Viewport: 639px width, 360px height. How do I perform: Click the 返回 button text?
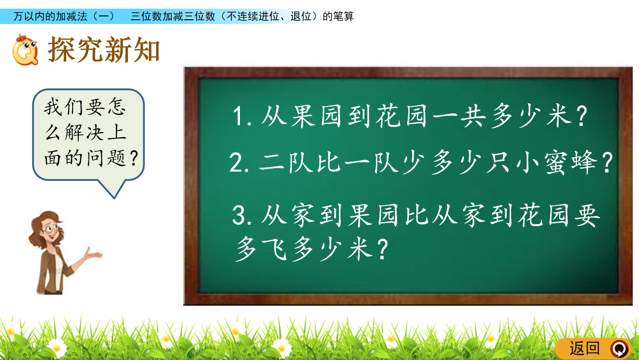coord(584,348)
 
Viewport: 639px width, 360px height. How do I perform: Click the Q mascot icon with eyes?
coord(25,50)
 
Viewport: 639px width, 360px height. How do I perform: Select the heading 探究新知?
coord(103,50)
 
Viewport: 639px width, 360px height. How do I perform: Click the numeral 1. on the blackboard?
coord(242,116)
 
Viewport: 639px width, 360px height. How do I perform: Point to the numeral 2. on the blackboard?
coord(239,162)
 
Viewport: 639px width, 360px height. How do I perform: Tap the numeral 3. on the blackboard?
coord(242,215)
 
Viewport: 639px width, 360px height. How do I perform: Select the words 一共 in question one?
coord(460,116)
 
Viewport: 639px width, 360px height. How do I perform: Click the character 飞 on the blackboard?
coord(275,249)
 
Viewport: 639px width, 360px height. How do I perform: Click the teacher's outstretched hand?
coord(93,253)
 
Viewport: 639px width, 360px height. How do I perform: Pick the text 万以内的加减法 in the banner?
coord(50,16)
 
